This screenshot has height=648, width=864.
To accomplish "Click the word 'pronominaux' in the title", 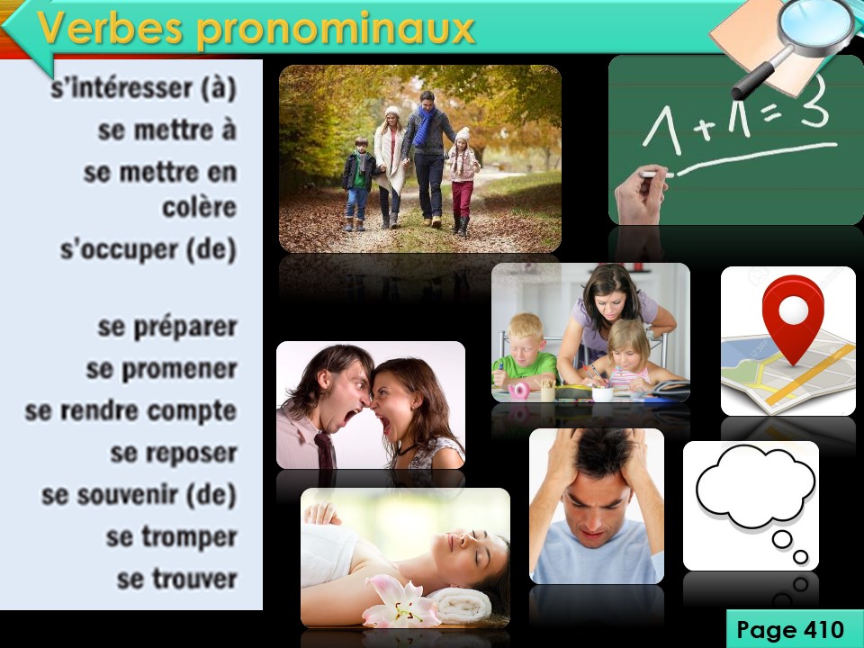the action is tap(336, 29).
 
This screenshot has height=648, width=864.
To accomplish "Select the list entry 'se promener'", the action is tap(161, 369).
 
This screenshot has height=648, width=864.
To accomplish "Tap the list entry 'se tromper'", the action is tap(171, 537).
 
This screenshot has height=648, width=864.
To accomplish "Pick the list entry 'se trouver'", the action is tap(177, 579).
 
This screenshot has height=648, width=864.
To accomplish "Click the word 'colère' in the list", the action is tap(200, 207).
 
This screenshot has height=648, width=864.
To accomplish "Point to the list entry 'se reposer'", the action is tap(174, 454).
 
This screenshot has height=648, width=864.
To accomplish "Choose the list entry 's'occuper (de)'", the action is tap(148, 249).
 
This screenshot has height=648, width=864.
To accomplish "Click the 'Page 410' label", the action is tap(790, 629).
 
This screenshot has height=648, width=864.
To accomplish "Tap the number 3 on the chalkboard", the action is tap(814, 102).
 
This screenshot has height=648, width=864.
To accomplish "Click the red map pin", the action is tap(793, 319).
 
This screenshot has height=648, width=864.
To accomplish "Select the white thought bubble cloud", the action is tap(755, 485).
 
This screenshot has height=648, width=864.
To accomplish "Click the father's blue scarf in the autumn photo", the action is tap(424, 126).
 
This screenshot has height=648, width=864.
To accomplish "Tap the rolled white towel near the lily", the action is tap(462, 605).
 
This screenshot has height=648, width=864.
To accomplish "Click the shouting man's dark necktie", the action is tap(326, 451).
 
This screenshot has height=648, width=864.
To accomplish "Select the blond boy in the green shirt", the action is tap(524, 353).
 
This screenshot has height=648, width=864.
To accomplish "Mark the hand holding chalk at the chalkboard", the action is tap(641, 194).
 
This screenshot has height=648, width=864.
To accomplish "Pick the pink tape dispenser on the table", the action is tap(518, 391).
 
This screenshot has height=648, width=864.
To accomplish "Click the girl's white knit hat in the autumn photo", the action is tap(463, 134).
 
